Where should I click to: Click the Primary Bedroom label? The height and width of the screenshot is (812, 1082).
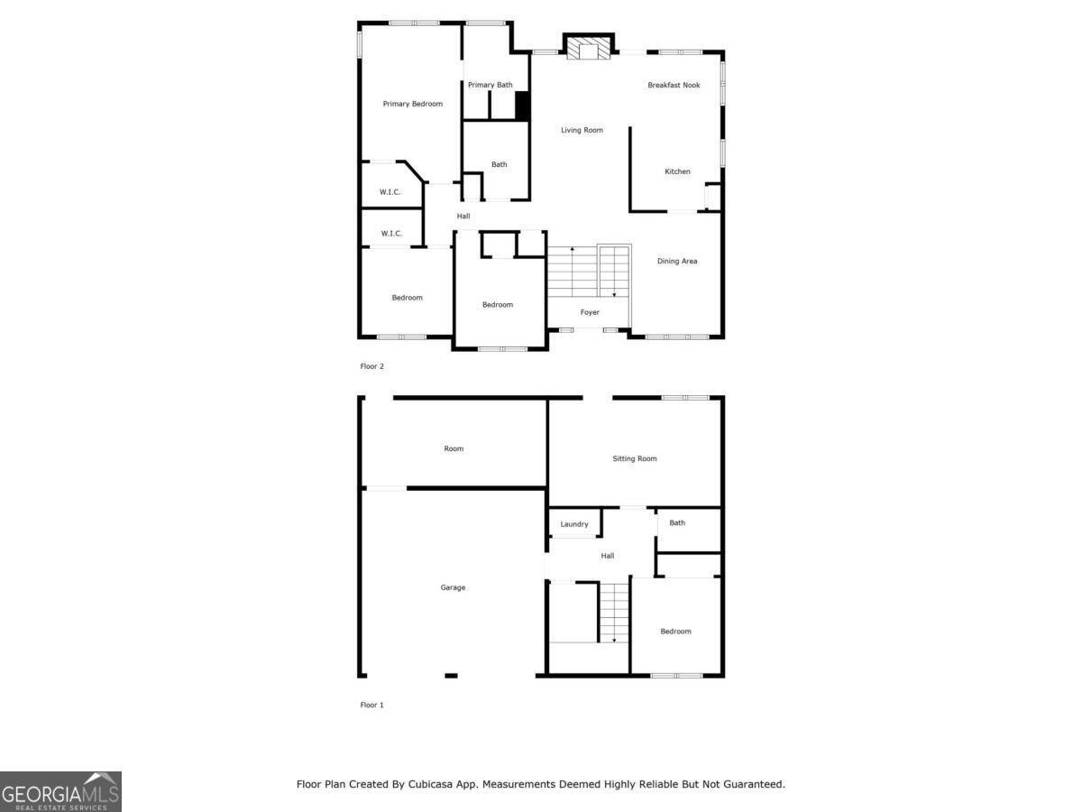pos(413,104)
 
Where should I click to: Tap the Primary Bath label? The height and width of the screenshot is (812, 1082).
pos(490,85)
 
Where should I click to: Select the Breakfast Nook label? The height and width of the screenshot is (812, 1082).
pos(674,85)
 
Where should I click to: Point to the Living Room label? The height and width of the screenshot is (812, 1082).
pos(582,130)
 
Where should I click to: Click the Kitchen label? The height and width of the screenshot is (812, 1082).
pos(677,171)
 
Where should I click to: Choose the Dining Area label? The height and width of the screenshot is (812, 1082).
pos(677,262)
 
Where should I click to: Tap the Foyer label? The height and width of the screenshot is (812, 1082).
pos(590,312)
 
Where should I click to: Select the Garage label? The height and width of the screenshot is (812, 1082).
pos(453,587)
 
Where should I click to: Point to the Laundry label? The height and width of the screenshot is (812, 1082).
pos(573,524)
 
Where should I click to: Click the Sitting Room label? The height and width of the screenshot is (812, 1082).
pos(635,458)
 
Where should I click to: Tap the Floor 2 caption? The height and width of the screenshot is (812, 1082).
pos(371,366)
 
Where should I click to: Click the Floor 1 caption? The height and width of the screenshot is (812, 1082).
pos(371,705)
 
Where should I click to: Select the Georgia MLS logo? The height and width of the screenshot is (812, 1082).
pos(60,791)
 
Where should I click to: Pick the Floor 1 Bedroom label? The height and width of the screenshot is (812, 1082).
pos(675,632)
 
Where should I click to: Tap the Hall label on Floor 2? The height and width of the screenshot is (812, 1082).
pos(463,216)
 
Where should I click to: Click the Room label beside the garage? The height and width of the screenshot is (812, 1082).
pos(454,448)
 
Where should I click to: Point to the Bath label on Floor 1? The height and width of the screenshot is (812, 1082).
pos(677,522)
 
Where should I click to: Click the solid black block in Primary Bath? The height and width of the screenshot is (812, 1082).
pos(522,106)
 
